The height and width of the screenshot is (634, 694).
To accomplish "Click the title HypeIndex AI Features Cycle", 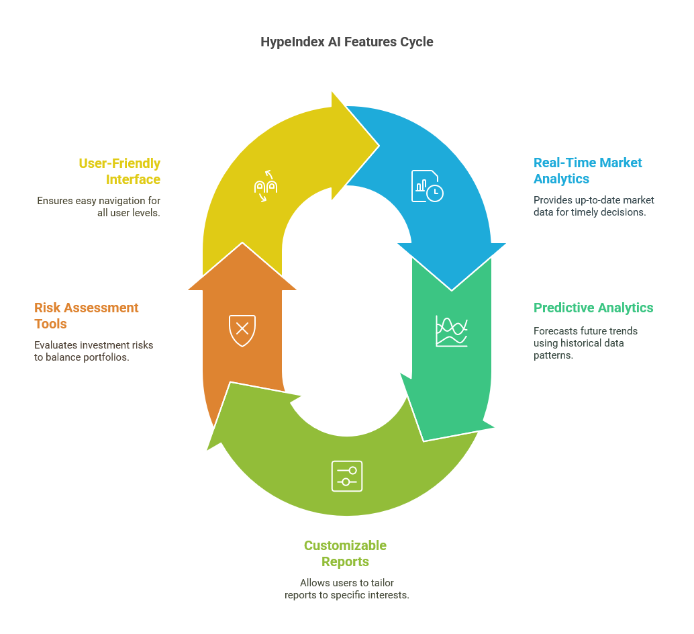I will click(x=346, y=42).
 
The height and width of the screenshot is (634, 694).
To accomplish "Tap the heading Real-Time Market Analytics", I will click(x=587, y=171).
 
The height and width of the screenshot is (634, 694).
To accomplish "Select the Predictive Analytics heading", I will click(x=593, y=308).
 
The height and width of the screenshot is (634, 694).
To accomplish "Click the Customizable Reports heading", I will click(x=345, y=553).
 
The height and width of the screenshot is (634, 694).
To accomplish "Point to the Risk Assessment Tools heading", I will click(x=86, y=316).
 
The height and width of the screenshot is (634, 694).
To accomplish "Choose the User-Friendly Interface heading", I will click(x=119, y=171).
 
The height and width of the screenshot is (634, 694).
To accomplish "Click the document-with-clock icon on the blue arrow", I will click(x=427, y=186).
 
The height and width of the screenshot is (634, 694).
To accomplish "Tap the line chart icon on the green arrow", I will click(x=451, y=330).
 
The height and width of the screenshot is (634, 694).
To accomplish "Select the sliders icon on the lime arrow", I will click(x=346, y=475).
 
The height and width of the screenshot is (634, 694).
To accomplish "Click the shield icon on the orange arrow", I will click(x=242, y=328).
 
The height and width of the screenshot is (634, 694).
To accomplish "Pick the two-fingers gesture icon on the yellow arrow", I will click(x=265, y=185).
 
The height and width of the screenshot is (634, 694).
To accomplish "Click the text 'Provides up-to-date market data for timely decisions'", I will click(x=593, y=206).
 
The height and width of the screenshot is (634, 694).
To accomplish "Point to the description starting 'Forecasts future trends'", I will click(x=585, y=343).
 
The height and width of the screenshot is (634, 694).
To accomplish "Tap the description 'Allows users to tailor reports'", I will click(x=346, y=589).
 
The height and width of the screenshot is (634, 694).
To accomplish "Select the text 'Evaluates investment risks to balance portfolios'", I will click(x=93, y=351).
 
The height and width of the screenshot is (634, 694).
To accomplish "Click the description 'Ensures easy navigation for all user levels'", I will click(x=99, y=207).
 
